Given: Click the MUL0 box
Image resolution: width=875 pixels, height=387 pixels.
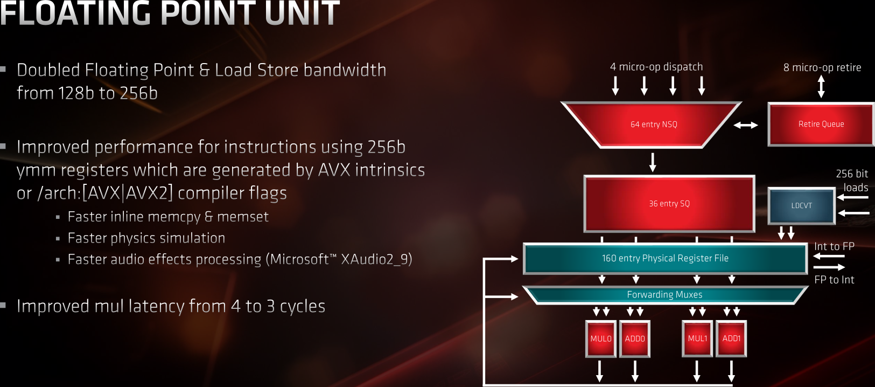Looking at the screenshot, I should click(601, 339).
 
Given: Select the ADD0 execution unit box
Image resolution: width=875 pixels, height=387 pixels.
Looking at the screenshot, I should click(635, 339).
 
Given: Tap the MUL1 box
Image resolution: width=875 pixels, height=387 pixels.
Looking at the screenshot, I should click(697, 339).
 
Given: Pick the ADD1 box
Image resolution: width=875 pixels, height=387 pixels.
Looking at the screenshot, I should click(731, 339).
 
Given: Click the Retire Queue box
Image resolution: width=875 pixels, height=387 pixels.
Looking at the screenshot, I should click(821, 125).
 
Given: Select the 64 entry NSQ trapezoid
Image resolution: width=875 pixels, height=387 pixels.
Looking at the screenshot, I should click(653, 125).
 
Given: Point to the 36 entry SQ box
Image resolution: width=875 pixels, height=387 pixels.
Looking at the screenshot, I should click(669, 204).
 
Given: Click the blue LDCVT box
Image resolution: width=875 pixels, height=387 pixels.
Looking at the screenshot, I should click(801, 205).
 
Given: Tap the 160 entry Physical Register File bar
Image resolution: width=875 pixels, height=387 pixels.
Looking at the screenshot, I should click(665, 259).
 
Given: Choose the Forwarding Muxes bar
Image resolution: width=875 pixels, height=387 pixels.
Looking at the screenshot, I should click(664, 295).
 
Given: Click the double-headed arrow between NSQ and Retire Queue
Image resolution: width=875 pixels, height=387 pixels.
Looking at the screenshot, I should click(746, 125).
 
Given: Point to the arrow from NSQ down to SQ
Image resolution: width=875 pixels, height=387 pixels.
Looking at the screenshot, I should click(653, 162).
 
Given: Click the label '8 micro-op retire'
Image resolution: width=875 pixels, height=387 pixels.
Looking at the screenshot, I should click(822, 67).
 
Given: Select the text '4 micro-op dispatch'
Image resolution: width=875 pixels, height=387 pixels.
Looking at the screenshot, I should click(656, 67).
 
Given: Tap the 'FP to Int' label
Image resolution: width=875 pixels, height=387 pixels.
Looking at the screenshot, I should click(834, 280).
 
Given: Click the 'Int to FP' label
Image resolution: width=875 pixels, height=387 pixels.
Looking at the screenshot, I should click(834, 246).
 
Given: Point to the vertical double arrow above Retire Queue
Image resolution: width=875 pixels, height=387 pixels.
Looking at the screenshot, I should click(821, 86).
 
